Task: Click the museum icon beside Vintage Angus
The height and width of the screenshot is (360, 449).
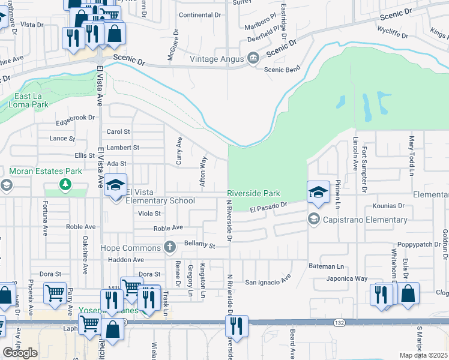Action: tap(253, 58)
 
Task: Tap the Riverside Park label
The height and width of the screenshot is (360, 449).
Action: tap(254, 194)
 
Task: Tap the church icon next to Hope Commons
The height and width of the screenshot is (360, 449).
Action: tap(170, 247)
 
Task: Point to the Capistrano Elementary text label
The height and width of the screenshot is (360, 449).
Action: tap(357, 220)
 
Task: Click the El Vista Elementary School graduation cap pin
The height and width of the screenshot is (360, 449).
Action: tap(116, 186)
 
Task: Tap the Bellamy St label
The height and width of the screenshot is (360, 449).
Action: tap(200, 245)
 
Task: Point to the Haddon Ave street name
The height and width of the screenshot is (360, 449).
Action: tap(126, 260)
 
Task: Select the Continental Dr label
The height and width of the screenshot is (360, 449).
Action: tap(200, 14)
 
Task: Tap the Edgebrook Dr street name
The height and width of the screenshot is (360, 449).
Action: tap(76, 118)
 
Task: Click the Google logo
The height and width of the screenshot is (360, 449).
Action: tap(20, 353)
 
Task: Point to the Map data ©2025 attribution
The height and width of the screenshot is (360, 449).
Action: tap(423, 355)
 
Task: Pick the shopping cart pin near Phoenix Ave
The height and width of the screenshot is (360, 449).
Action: tap(55, 293)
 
